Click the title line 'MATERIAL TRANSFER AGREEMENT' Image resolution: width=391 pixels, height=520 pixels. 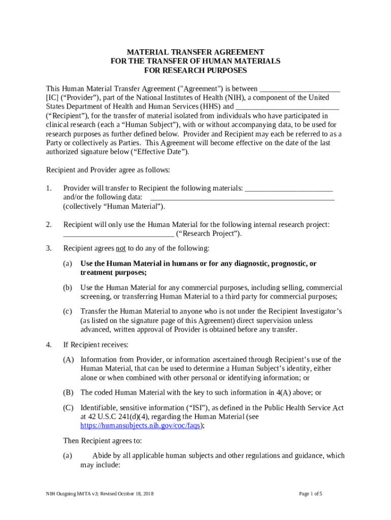[195, 52]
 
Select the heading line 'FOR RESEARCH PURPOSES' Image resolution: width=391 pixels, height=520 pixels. [195, 70]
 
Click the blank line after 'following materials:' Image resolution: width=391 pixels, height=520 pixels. [288, 188]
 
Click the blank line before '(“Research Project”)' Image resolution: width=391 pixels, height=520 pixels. [118, 234]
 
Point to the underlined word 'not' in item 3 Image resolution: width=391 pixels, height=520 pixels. [121, 249]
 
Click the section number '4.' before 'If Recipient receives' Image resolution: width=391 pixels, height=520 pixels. [49, 345]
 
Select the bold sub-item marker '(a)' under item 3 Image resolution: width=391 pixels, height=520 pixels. [68, 264]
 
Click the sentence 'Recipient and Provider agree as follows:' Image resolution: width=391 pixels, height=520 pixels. [108, 170]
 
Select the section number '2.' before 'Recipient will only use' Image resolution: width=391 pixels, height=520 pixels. [49, 224]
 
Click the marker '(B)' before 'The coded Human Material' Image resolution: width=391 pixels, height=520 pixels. [68, 393]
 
